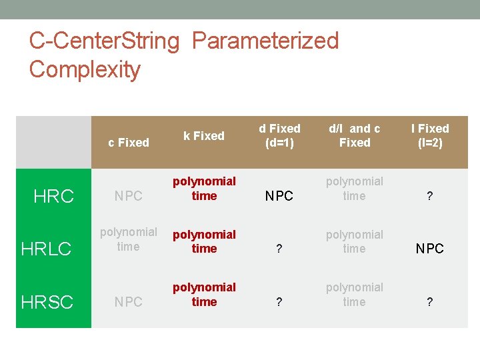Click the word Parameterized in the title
(x=265, y=41)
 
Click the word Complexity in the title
(x=85, y=69)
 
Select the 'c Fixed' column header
(x=128, y=142)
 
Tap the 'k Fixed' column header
(x=204, y=135)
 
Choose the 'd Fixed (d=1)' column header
(x=279, y=135)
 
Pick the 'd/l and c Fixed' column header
(x=355, y=135)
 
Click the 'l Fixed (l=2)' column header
(x=430, y=135)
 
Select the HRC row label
(x=54, y=196)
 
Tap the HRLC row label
(x=46, y=249)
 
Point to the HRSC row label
(x=47, y=302)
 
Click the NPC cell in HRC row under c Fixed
(x=128, y=196)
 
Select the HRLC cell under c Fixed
(x=128, y=239)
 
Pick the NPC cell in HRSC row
(x=128, y=302)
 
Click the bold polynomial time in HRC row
(x=204, y=189)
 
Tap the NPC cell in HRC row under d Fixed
(x=279, y=196)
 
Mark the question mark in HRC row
(x=430, y=196)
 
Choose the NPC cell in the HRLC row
(x=430, y=249)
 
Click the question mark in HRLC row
(x=279, y=249)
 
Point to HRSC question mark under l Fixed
(x=430, y=302)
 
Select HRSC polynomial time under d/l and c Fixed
(x=355, y=295)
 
